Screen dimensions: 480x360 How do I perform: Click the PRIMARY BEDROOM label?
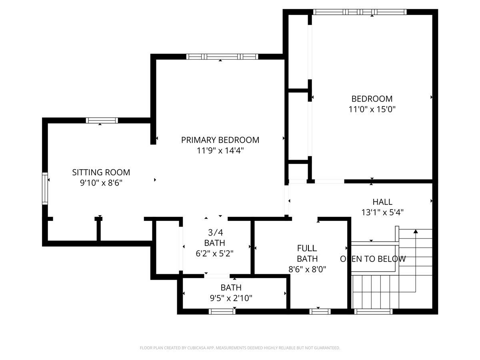click(220, 140)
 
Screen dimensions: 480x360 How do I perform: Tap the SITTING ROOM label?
click(101, 172)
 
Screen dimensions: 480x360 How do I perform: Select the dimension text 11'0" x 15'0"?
click(372, 109)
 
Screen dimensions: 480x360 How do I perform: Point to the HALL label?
click(382, 202)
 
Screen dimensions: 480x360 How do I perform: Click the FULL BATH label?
click(307, 253)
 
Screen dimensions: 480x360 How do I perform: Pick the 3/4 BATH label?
click(214, 238)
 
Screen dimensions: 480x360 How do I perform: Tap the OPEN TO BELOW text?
click(373, 259)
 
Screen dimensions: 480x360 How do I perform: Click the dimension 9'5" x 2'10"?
click(231, 298)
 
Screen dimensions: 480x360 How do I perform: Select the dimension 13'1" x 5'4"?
click(382, 212)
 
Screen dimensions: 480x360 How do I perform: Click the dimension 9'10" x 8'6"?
click(101, 183)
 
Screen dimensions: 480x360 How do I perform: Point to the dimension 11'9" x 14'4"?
click(220, 151)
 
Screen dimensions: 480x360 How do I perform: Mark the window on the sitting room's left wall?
click(45, 188)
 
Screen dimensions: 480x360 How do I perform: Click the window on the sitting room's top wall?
click(102, 120)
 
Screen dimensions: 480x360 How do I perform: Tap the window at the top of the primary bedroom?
click(222, 57)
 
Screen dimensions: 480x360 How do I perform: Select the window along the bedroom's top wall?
click(360, 12)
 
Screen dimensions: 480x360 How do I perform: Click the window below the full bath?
click(320, 312)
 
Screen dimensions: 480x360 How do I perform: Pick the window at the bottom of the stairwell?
click(373, 312)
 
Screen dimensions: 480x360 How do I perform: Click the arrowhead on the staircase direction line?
click(416, 231)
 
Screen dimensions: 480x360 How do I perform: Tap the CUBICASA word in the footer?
click(196, 348)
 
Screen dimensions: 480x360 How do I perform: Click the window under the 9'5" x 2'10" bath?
click(222, 312)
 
